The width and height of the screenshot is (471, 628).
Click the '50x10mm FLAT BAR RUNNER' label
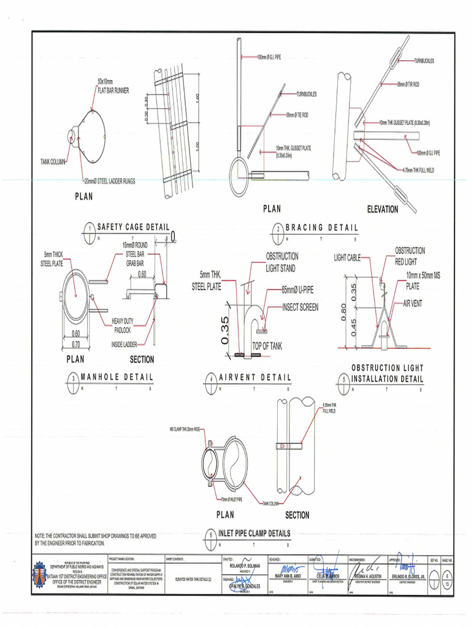click(x=113, y=86)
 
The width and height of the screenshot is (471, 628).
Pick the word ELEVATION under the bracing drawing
click(x=382, y=209)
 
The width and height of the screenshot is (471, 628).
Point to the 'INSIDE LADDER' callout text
click(x=124, y=344)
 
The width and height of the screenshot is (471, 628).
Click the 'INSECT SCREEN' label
click(x=300, y=307)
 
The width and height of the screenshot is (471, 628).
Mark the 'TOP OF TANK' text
click(x=267, y=347)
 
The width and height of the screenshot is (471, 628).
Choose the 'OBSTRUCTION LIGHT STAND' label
click(x=281, y=262)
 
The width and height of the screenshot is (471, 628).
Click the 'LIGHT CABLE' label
click(x=347, y=258)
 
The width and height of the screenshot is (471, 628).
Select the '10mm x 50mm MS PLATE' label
click(x=423, y=281)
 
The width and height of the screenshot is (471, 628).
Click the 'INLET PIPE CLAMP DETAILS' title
click(x=254, y=533)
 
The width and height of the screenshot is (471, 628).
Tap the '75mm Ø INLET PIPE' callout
click(x=233, y=499)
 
